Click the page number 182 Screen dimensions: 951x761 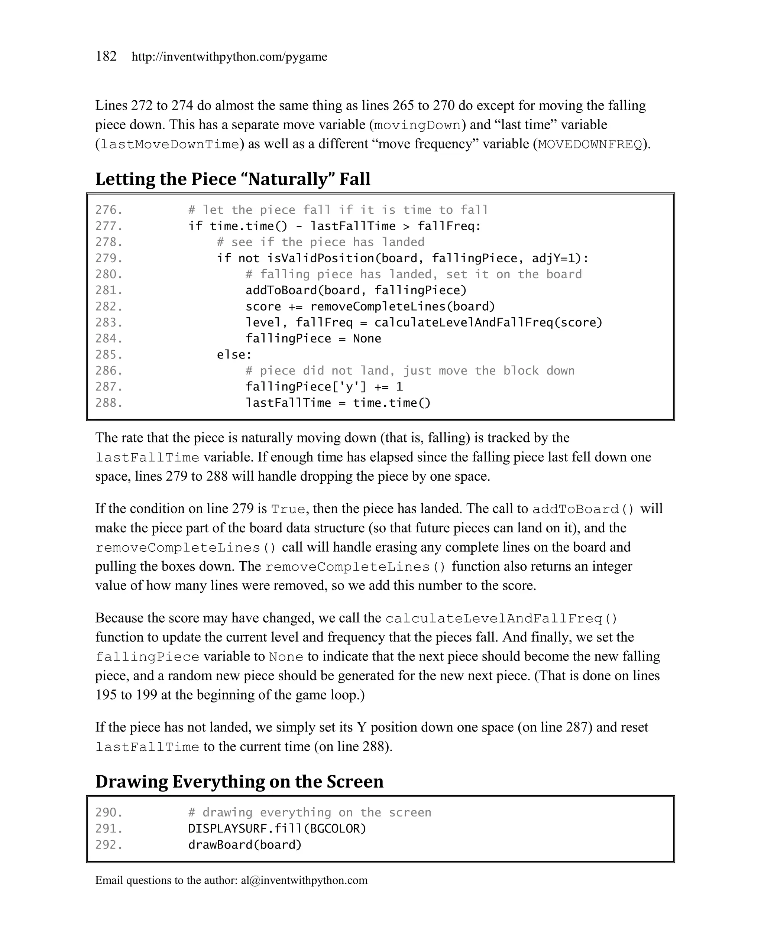pyautogui.click(x=106, y=56)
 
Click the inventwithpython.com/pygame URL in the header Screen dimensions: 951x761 pyautogui.click(x=229, y=57)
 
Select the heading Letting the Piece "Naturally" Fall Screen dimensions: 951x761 pyautogui.click(x=233, y=179)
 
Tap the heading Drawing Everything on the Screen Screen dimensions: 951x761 pyautogui.click(x=239, y=781)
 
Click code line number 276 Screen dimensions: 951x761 pyautogui.click(x=109, y=210)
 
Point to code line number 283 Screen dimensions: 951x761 pyautogui.click(x=109, y=322)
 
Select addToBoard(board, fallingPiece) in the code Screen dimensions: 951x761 pyautogui.click(x=356, y=290)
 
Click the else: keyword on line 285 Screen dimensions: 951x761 pyautogui.click(x=234, y=355)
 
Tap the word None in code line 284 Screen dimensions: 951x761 pyautogui.click(x=367, y=338)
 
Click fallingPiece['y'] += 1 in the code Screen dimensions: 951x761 pyautogui.click(x=324, y=387)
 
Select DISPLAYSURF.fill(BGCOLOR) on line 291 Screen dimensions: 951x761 pyautogui.click(x=277, y=828)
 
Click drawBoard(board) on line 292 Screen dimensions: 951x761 pyautogui.click(x=245, y=845)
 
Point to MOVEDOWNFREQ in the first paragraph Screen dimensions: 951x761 pyautogui.click(x=590, y=145)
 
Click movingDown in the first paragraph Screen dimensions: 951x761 pyautogui.click(x=417, y=125)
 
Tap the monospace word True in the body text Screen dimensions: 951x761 pyautogui.click(x=288, y=509)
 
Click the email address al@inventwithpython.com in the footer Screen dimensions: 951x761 pyautogui.click(x=304, y=880)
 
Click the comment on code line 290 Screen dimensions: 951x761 pyautogui.click(x=309, y=812)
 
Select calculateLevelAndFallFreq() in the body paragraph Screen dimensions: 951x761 pyautogui.click(x=501, y=619)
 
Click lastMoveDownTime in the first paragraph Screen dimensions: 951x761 pyautogui.click(x=169, y=145)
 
